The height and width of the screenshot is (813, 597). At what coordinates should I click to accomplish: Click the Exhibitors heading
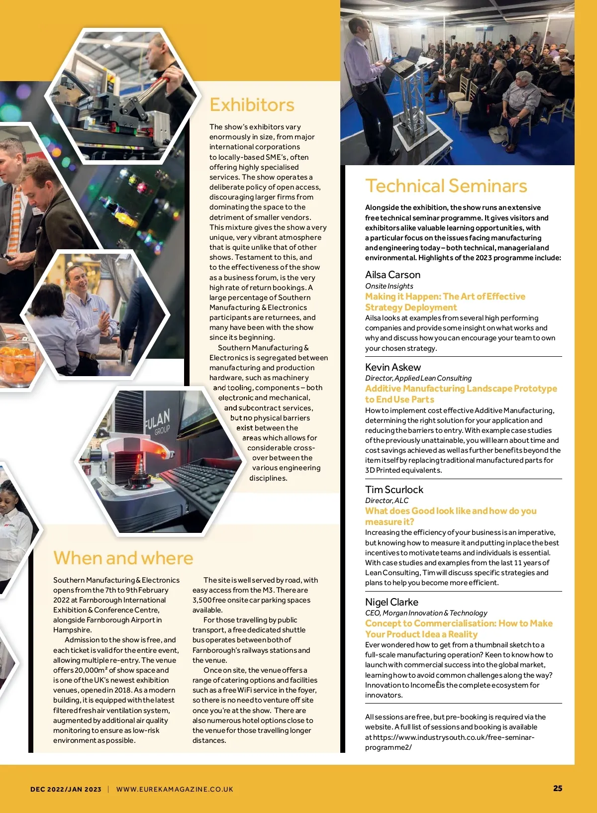click(x=252, y=105)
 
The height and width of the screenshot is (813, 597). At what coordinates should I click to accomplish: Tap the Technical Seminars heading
click(x=446, y=186)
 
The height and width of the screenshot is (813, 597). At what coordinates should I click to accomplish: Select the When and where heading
click(x=123, y=558)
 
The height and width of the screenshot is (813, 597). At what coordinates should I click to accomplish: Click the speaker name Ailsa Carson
click(x=393, y=275)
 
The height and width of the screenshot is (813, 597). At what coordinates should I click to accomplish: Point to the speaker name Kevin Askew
click(x=393, y=367)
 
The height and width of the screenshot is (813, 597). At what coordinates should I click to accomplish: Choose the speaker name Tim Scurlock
click(x=394, y=490)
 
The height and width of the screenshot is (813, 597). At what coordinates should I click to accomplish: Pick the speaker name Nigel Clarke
click(x=392, y=602)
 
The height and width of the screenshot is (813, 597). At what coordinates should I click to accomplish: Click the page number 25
click(x=558, y=788)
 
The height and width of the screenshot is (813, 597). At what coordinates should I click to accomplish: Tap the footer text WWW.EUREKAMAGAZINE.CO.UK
click(x=175, y=789)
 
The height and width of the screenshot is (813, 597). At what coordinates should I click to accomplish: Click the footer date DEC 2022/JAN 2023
click(x=66, y=789)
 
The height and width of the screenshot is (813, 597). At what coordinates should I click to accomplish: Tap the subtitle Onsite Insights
click(x=389, y=286)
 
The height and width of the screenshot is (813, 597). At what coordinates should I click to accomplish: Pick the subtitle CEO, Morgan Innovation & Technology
click(x=426, y=613)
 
